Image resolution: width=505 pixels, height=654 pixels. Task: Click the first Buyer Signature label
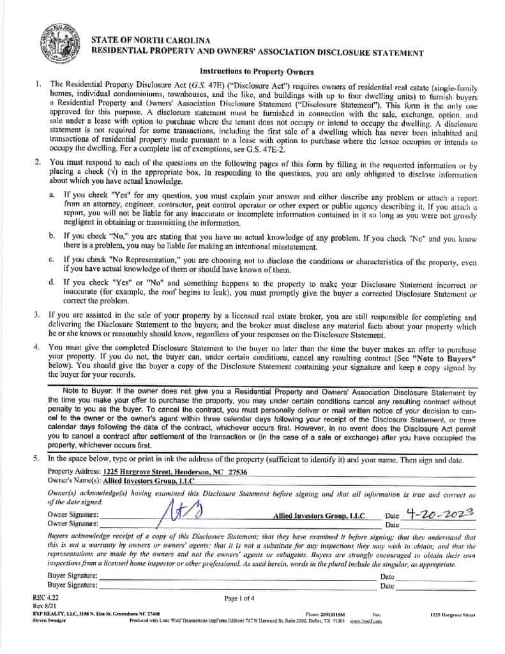click(72, 576)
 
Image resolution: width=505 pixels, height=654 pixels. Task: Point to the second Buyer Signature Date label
click(387, 585)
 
